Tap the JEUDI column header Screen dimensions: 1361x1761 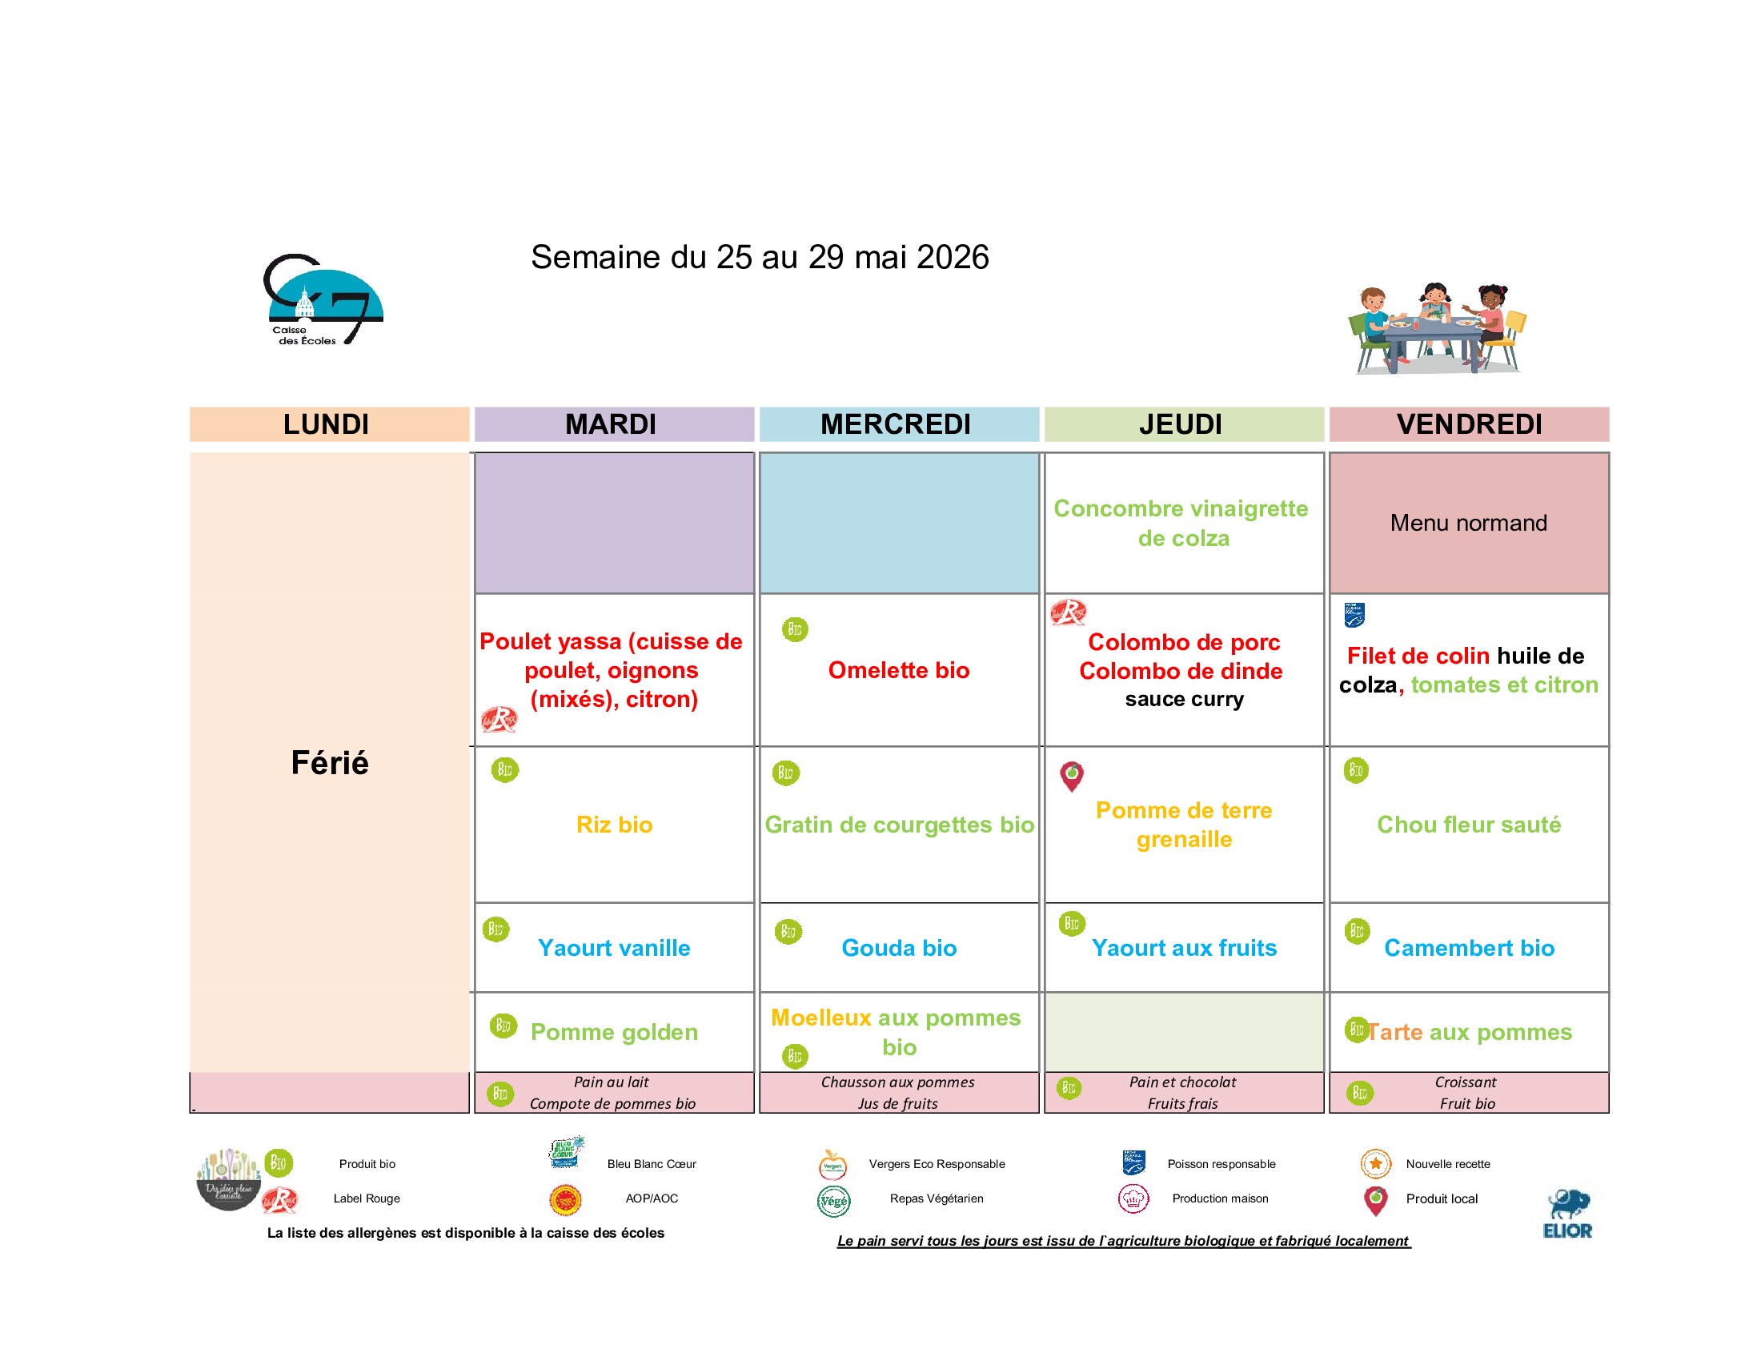(1183, 424)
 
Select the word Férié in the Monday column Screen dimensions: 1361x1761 (330, 763)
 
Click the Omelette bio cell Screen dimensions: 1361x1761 (898, 670)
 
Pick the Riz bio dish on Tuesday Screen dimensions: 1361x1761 (615, 824)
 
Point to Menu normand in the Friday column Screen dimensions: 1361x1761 (1468, 523)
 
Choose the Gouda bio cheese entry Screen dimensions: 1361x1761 (898, 947)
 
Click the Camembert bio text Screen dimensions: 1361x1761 (1468, 947)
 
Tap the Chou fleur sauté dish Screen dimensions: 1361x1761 (1468, 824)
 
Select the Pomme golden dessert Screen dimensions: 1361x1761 (615, 1032)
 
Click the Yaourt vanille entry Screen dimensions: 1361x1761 (615, 947)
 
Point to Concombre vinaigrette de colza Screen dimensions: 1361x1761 (1183, 523)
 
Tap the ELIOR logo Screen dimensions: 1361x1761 (1567, 1214)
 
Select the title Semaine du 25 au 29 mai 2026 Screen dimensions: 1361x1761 (760, 257)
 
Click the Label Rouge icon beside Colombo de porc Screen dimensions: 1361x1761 (1069, 612)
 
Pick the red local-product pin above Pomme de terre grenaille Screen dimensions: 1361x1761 (1072, 776)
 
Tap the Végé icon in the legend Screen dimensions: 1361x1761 (834, 1201)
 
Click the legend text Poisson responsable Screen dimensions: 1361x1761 (1221, 1163)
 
